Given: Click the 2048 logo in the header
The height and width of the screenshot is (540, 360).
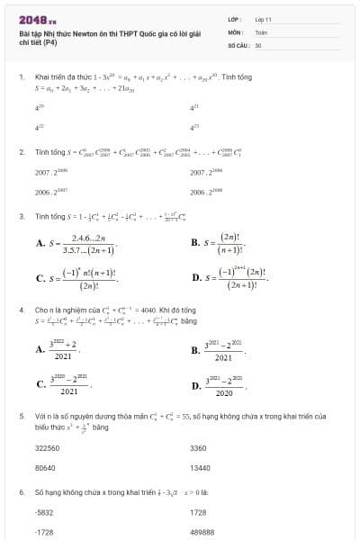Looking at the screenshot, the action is click(37, 19).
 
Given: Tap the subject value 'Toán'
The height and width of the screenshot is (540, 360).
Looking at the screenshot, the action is click(261, 31).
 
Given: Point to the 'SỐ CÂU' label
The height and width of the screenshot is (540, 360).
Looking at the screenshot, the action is click(238, 44).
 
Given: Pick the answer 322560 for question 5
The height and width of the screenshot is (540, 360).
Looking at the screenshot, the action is click(47, 447).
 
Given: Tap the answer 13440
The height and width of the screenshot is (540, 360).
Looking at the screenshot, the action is click(200, 468).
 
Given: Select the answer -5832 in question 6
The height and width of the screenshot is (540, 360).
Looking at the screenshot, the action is click(43, 512).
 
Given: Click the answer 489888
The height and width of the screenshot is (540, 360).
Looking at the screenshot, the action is click(202, 533).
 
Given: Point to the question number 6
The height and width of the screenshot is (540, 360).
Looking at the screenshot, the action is click(21, 493).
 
